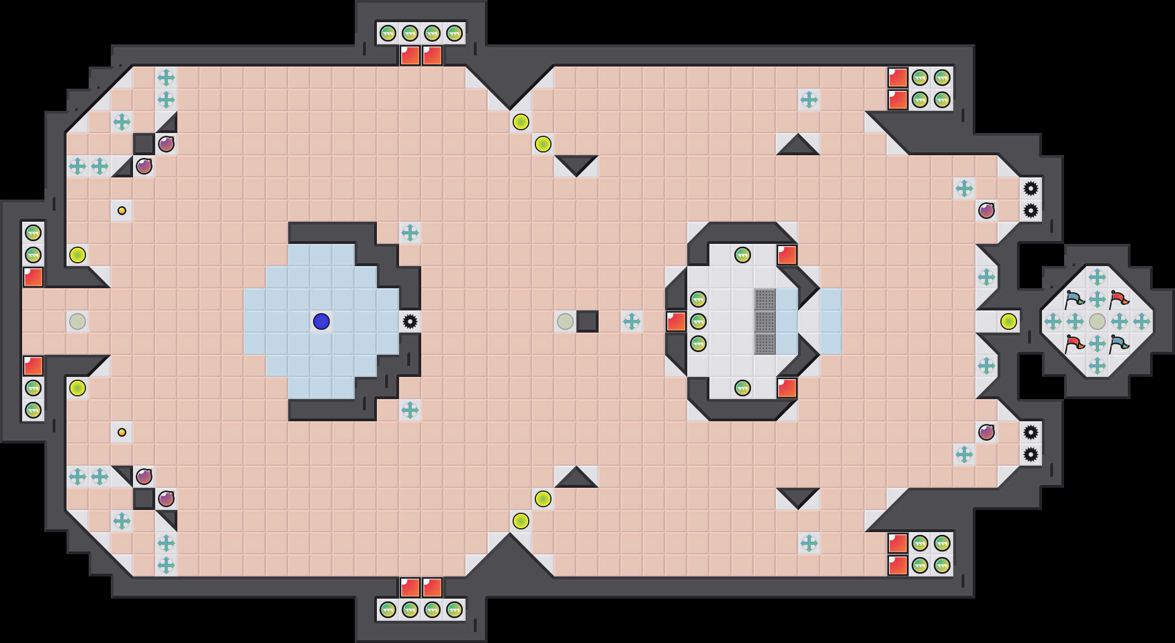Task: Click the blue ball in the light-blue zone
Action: [x=321, y=321]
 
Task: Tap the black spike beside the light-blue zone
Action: [x=410, y=321]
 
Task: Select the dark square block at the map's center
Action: [x=587, y=321]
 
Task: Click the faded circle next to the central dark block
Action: [x=565, y=321]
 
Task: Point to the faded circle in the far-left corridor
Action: [x=78, y=321]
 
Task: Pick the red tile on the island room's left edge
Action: [x=676, y=321]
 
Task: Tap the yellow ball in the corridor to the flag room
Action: [x=1009, y=321]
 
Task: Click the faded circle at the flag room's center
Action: [x=1097, y=321]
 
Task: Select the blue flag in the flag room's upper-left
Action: [x=1075, y=300]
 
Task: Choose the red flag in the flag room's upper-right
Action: [x=1119, y=300]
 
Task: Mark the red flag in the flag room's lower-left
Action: [x=1075, y=344]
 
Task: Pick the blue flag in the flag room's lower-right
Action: [x=1119, y=344]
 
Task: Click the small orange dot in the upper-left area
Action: [x=122, y=211]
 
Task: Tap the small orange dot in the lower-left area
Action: [x=122, y=432]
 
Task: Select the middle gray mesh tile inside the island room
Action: [x=765, y=321]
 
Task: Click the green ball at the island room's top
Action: [x=743, y=255]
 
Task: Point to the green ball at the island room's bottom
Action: [x=743, y=388]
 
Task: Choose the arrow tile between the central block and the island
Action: [x=632, y=321]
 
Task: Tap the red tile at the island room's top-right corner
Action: [x=787, y=255]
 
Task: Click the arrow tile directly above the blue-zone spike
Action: [x=410, y=233]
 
